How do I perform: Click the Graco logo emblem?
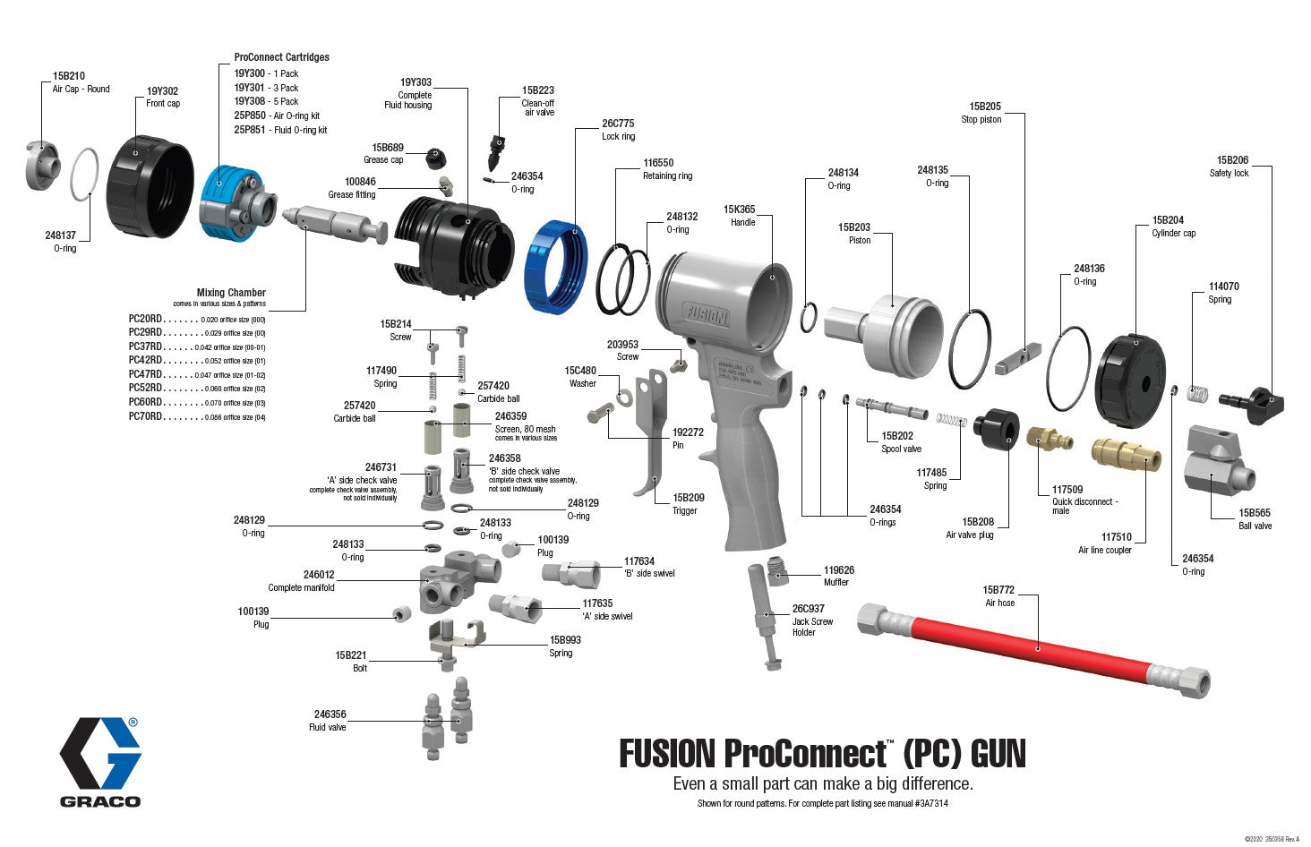point(100,752)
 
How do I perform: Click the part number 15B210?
point(68,76)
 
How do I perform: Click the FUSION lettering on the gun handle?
point(707,315)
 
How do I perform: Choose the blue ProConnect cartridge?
point(222,203)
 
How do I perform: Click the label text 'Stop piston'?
point(981,120)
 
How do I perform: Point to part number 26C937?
point(808,609)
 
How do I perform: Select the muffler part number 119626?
point(839,569)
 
